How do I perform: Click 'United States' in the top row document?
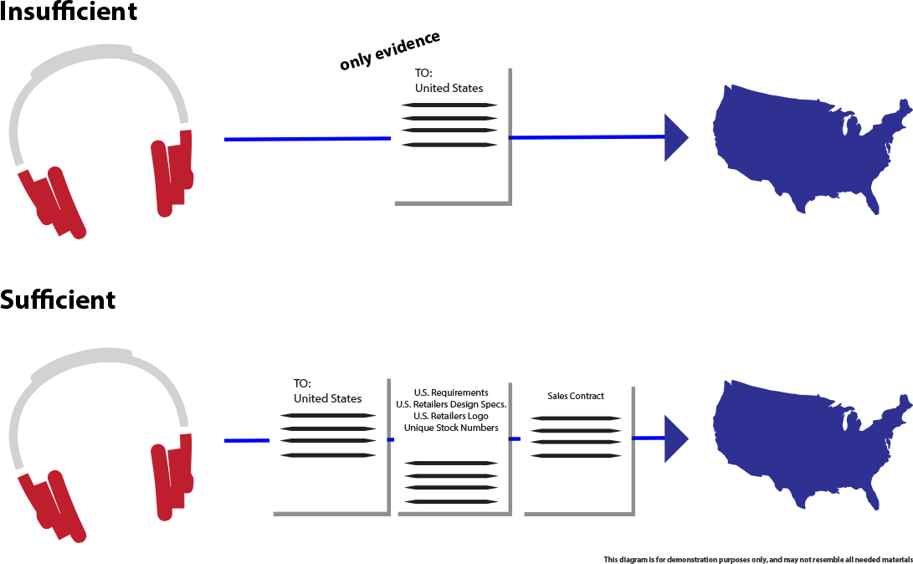[x=449, y=88]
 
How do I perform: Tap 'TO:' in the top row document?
[x=424, y=73]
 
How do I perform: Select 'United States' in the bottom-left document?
[x=327, y=398]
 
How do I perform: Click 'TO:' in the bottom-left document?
[x=302, y=383]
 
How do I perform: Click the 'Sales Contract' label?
[x=575, y=396]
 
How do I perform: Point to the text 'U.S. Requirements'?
[x=451, y=392]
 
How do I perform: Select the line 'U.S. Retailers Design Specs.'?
[x=451, y=404]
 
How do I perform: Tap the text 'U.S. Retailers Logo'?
[x=451, y=416]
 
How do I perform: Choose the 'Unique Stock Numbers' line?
[x=451, y=428]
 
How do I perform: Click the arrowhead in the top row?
[x=675, y=137]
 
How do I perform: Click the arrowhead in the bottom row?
[x=675, y=438]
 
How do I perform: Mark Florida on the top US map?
[x=872, y=199]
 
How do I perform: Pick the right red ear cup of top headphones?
[x=172, y=176]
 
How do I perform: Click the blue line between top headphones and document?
[x=305, y=137]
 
